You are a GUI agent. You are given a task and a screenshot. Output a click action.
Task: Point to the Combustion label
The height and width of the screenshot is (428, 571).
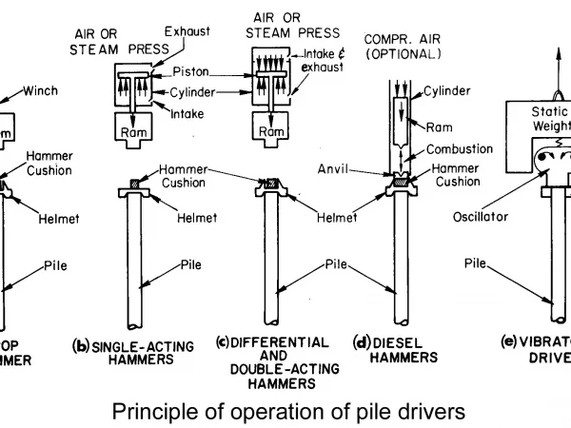pyautogui.click(x=460, y=149)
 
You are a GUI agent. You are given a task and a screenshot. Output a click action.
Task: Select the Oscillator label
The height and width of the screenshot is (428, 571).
pyautogui.click(x=481, y=217)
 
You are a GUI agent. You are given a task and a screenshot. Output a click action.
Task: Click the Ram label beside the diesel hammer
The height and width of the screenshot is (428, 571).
pyautogui.click(x=438, y=126)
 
